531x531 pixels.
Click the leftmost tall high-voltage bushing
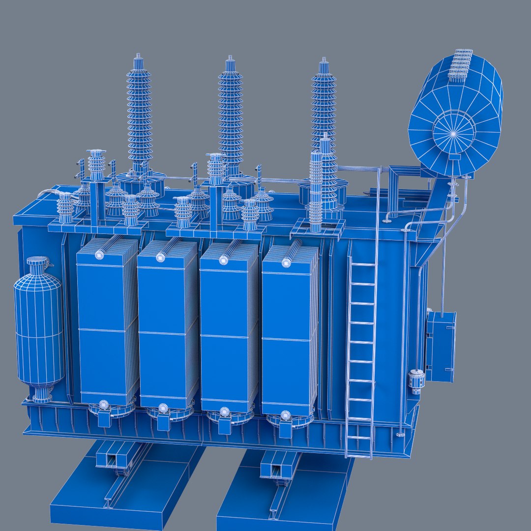(x=139, y=113)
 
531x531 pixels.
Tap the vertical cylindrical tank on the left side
(x=38, y=329)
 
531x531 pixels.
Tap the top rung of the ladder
(x=362, y=265)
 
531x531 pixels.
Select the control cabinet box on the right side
(x=441, y=347)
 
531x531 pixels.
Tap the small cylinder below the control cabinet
(x=416, y=381)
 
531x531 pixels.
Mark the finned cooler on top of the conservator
(x=461, y=64)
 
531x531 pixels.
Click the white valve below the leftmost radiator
(x=104, y=405)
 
